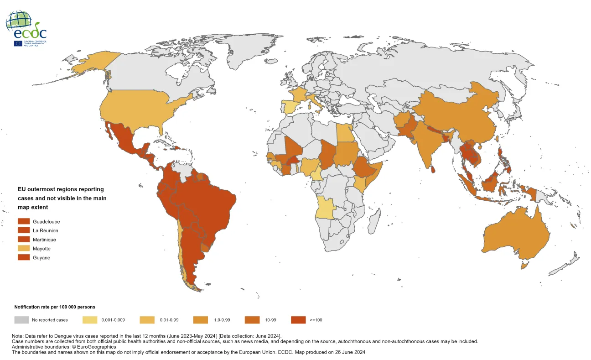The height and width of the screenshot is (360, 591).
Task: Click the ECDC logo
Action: (x=26, y=28)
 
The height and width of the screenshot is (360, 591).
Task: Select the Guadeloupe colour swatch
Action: (x=24, y=221)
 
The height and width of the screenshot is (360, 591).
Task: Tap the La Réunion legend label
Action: (x=46, y=230)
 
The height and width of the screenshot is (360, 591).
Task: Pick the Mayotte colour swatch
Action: (x=24, y=249)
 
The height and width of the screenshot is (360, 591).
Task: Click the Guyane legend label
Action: (x=41, y=258)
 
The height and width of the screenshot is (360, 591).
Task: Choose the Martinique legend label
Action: (x=45, y=240)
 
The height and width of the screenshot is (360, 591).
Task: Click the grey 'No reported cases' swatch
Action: (x=21, y=320)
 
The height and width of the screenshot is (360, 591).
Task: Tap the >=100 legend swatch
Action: (x=298, y=320)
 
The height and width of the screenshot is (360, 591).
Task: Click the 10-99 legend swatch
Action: (x=252, y=320)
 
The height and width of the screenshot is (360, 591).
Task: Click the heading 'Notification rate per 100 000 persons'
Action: (x=55, y=307)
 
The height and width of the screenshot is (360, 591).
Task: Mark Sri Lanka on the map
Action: (x=433, y=170)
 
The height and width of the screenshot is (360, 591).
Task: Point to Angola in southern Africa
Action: (x=327, y=208)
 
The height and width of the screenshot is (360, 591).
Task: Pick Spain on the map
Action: (x=290, y=107)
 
